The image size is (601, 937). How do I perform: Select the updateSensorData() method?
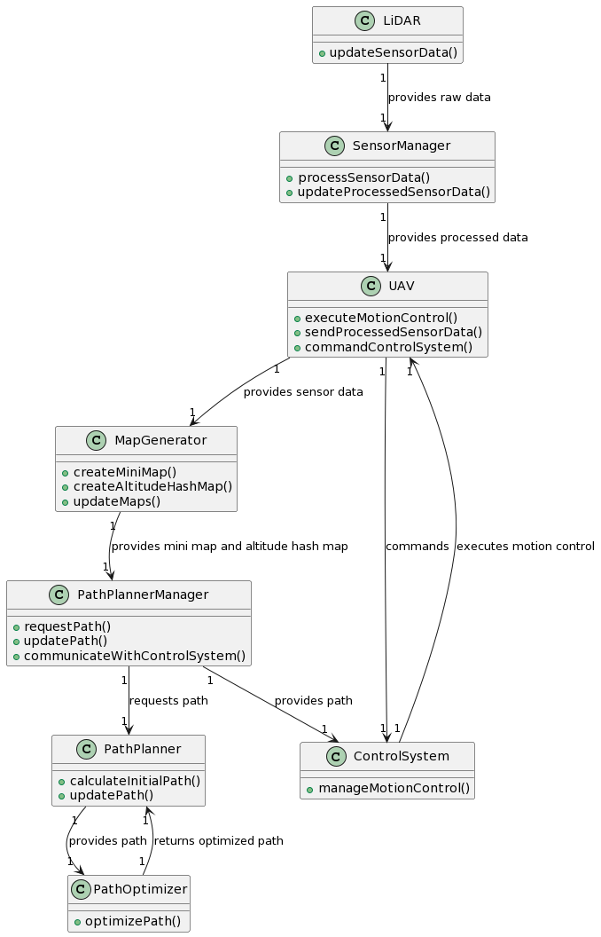tap(394, 52)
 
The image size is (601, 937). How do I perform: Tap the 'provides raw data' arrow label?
tap(439, 98)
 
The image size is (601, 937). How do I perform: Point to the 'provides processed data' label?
tap(457, 238)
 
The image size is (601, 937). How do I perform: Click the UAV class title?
tap(401, 286)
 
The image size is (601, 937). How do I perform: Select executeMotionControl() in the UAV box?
tap(381, 318)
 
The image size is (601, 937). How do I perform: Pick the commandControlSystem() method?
tap(388, 346)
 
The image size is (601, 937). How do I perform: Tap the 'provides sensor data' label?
tap(303, 392)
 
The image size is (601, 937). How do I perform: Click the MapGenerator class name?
tap(160, 440)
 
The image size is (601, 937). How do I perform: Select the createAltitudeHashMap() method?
tap(152, 486)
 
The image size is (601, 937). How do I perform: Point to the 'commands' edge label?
tap(417, 547)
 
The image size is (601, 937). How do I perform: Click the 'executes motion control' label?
tap(525, 547)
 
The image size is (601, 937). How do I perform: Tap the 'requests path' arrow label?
tap(168, 701)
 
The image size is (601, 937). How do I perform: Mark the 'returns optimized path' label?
tap(218, 841)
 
